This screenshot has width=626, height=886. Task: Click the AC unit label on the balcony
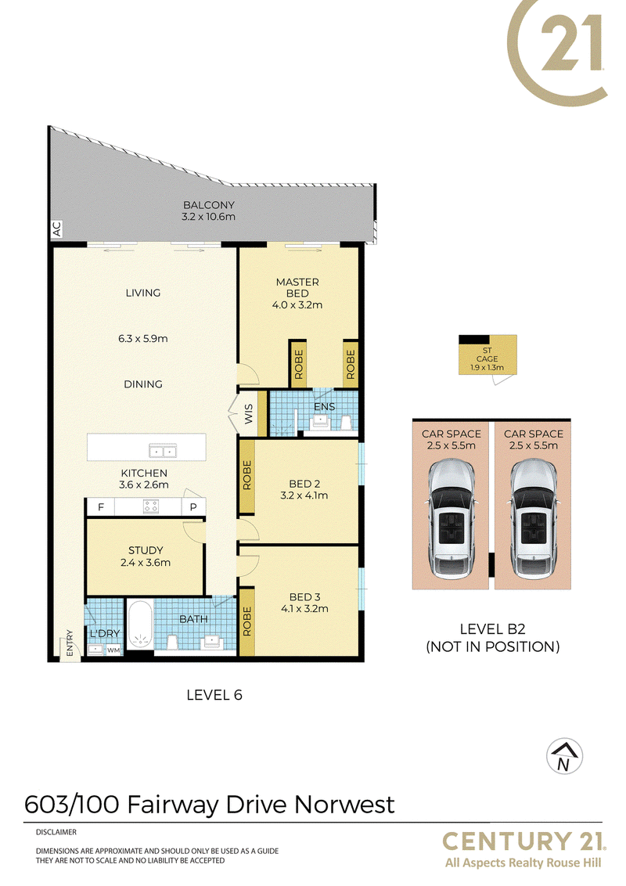pyautogui.click(x=56, y=229)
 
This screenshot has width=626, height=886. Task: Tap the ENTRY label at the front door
pyautogui.click(x=70, y=643)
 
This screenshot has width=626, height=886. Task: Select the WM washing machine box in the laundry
pyautogui.click(x=113, y=650)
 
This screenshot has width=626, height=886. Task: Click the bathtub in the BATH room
pyautogui.click(x=139, y=624)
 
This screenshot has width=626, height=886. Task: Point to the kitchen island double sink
pyautogui.click(x=163, y=451)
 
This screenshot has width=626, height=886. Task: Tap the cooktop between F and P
pyautogui.click(x=150, y=506)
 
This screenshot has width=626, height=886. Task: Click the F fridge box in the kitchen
pyautogui.click(x=101, y=507)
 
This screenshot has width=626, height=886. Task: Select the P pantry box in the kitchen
pyautogui.click(x=193, y=507)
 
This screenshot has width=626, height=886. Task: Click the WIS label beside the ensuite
pyautogui.click(x=249, y=413)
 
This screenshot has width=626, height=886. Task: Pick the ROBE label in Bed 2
pyautogui.click(x=247, y=475)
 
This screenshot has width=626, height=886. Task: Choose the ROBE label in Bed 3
pyautogui.click(x=247, y=621)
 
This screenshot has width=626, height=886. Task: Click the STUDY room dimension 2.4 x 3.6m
pyautogui.click(x=146, y=563)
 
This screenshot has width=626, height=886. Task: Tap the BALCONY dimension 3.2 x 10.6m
pyautogui.click(x=208, y=217)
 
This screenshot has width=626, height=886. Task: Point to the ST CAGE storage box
pyautogui.click(x=487, y=355)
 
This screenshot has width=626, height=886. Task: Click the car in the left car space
pyautogui.click(x=451, y=519)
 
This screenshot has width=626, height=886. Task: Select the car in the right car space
pyautogui.click(x=534, y=519)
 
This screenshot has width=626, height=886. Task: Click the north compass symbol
pyautogui.click(x=564, y=756)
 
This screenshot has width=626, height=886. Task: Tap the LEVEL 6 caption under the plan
pyautogui.click(x=214, y=695)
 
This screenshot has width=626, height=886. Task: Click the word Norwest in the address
pyautogui.click(x=344, y=805)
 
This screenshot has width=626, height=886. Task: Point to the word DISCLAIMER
pyautogui.click(x=56, y=832)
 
